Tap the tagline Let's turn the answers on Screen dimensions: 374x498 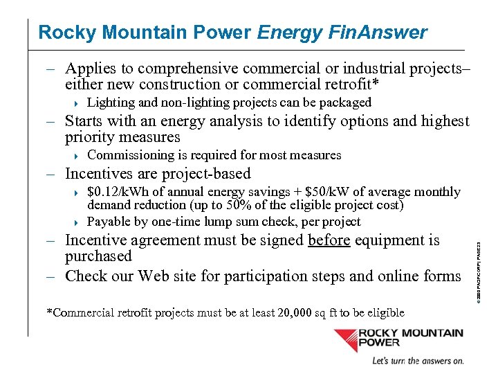[x=418, y=361]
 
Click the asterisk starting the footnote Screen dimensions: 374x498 [x=49, y=312]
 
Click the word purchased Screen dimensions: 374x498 [x=98, y=256]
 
